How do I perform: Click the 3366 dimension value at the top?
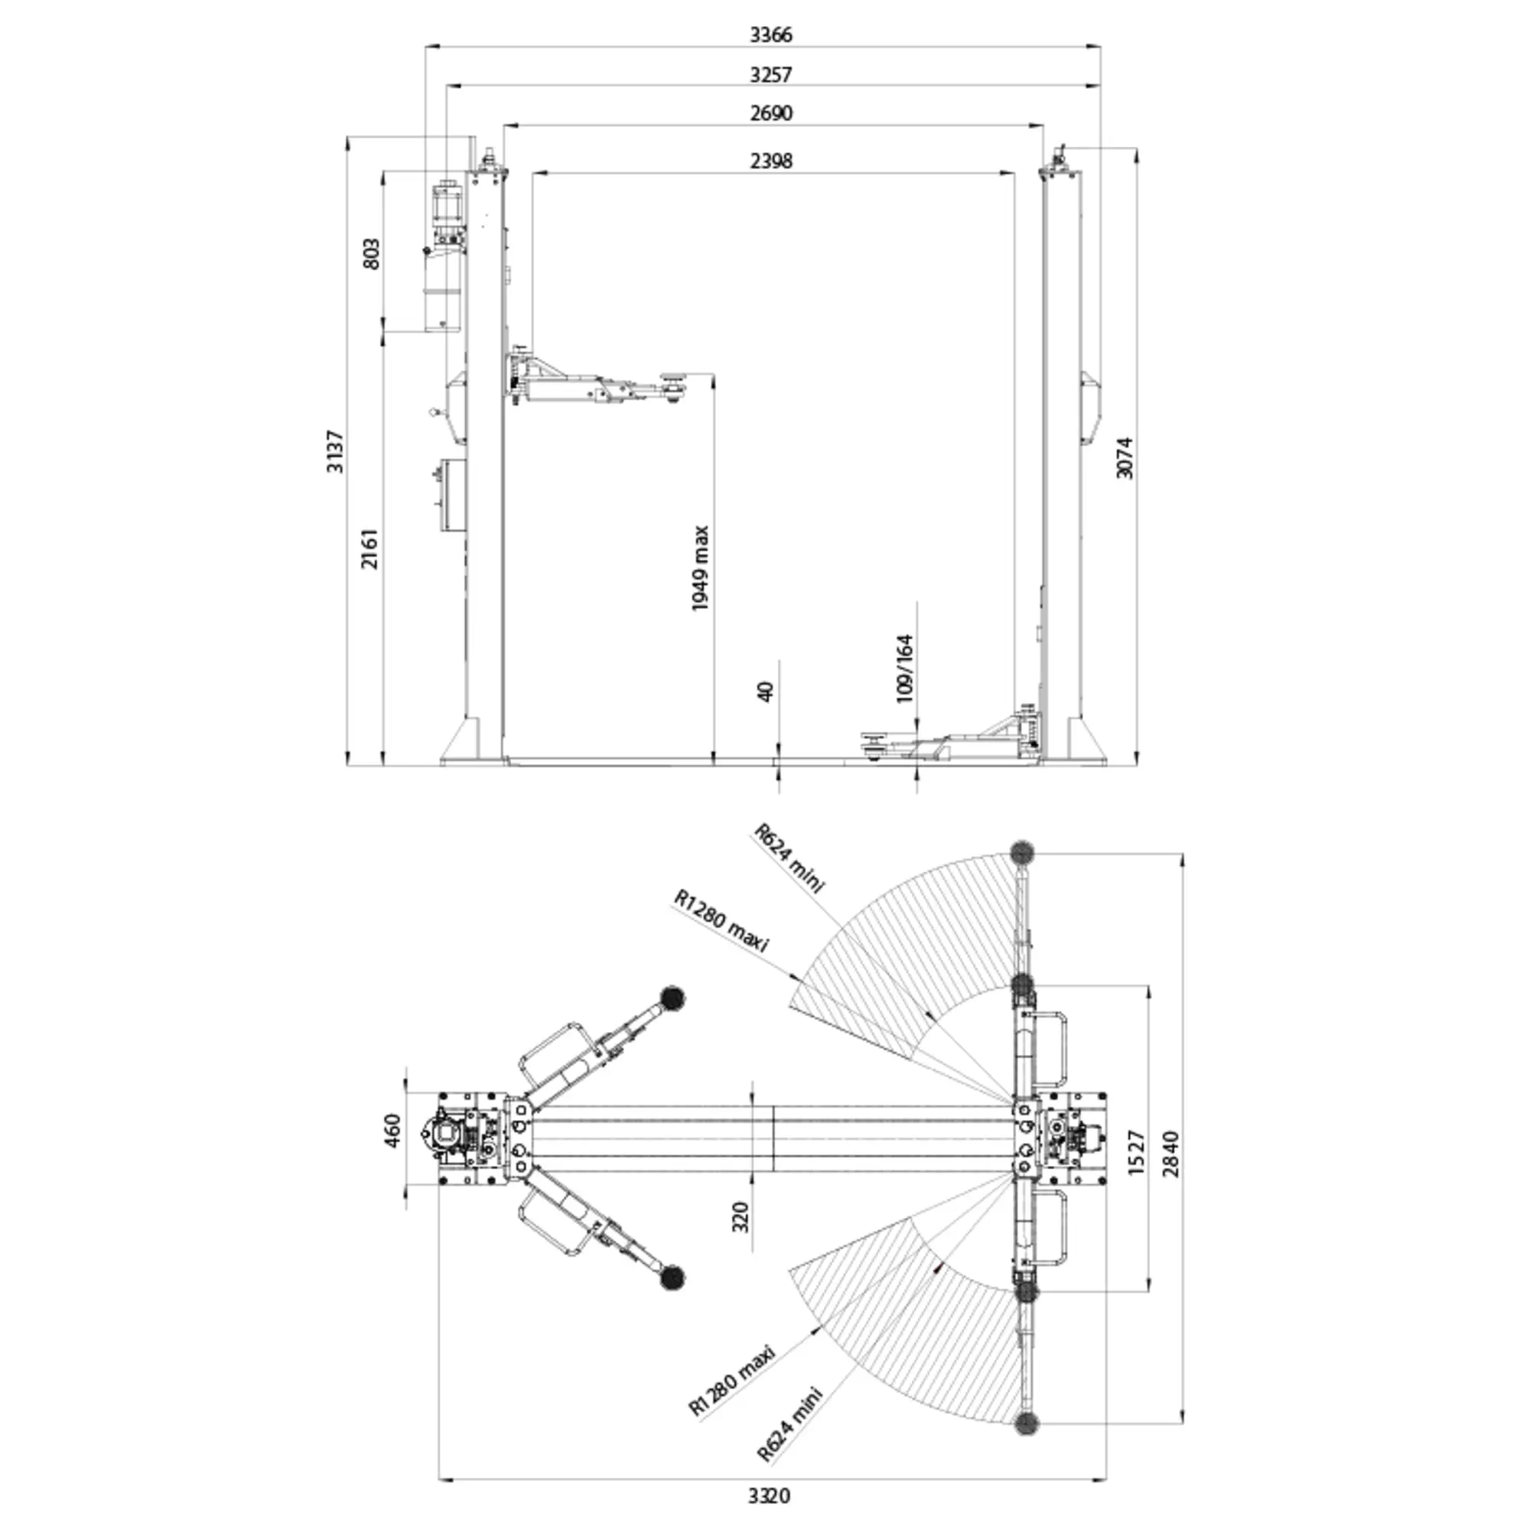click(x=770, y=35)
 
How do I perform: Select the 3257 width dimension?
click(x=770, y=74)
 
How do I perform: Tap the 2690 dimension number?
click(x=770, y=113)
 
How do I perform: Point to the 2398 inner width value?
click(x=770, y=161)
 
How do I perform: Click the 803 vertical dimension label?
click(x=370, y=253)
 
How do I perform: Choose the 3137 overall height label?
click(x=336, y=451)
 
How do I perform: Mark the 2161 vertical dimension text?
click(x=369, y=548)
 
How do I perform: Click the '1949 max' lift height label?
click(x=700, y=568)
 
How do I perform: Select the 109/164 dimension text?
click(x=904, y=669)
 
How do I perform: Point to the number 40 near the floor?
click(x=765, y=691)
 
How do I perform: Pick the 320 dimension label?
click(x=740, y=1216)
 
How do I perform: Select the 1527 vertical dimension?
click(x=1135, y=1152)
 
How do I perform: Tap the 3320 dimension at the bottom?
click(x=769, y=1496)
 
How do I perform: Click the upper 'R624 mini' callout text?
click(x=789, y=858)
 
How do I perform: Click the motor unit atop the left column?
click(x=448, y=210)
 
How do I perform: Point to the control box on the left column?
click(x=451, y=496)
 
